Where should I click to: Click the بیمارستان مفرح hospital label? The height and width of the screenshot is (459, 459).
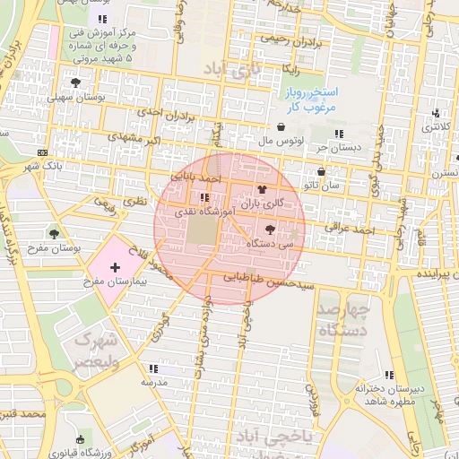(115, 281)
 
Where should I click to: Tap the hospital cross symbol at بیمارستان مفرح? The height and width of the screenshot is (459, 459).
(115, 266)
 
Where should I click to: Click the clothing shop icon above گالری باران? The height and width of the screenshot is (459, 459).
(262, 189)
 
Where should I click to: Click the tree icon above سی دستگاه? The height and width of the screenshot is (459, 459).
(272, 229)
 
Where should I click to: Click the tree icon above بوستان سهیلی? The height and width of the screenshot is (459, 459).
(75, 82)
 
